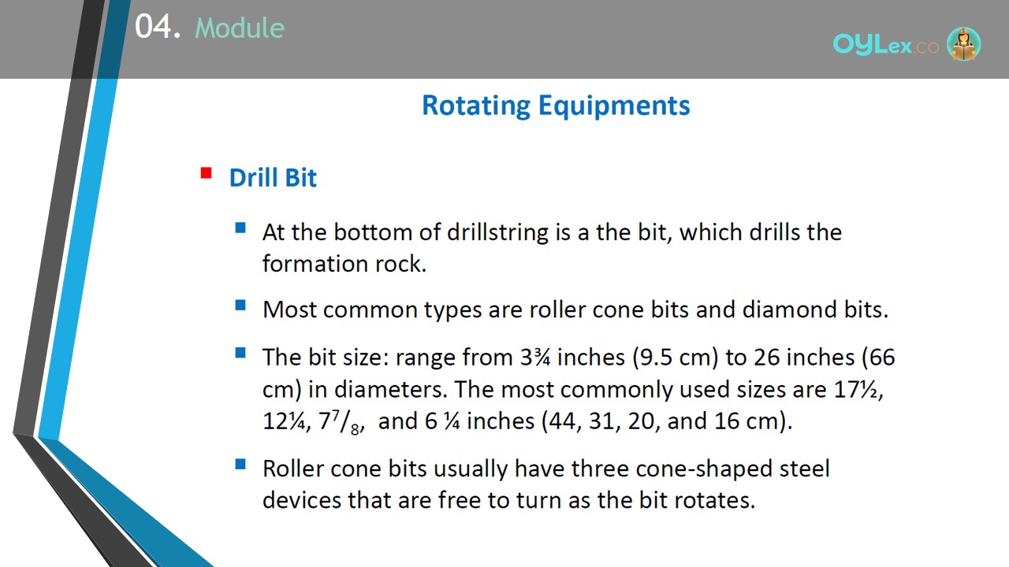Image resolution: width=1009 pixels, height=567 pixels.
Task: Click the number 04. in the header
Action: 158,26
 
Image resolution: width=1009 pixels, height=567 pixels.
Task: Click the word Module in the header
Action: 240,28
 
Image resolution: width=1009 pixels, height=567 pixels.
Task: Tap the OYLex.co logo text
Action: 885,44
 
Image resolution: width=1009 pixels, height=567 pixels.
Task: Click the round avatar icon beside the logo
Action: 963,43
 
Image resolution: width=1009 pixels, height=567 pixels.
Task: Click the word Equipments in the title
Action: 614,106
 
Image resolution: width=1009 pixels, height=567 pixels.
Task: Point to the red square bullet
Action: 206,172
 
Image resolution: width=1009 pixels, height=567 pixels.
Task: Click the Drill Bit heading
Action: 273,177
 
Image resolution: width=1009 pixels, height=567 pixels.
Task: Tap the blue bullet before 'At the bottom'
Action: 240,228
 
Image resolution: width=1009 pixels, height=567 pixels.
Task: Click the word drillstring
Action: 497,232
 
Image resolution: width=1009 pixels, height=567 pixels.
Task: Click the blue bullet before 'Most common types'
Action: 240,305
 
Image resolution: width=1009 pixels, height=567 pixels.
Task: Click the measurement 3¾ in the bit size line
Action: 535,358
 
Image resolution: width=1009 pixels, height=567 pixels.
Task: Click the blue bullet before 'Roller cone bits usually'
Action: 240,464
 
